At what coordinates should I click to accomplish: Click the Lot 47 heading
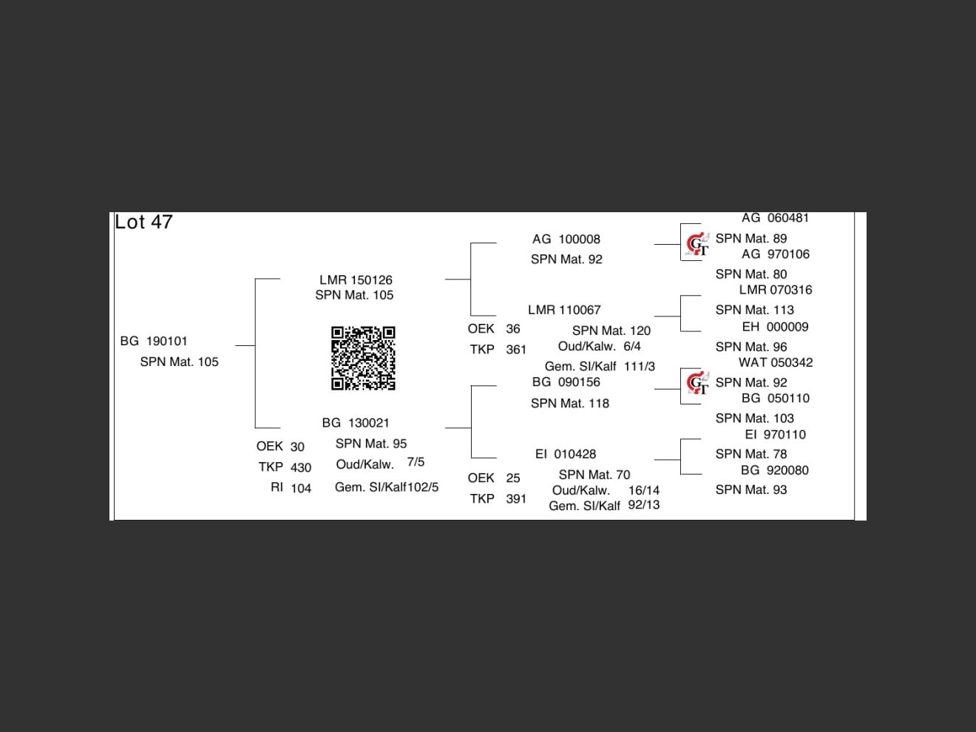[x=143, y=222]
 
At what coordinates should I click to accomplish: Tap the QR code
[x=363, y=358]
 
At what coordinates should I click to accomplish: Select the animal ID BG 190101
[x=154, y=341]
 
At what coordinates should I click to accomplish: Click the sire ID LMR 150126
[x=356, y=279]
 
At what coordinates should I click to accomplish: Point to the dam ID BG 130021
[x=356, y=423]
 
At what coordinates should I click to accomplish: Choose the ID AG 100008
[x=566, y=239]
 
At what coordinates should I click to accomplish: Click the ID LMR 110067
[x=564, y=310]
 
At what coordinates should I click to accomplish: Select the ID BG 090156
[x=566, y=382]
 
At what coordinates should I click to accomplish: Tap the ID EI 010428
[x=566, y=454]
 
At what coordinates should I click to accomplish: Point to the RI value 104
[x=301, y=488]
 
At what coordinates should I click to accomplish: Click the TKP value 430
[x=301, y=467]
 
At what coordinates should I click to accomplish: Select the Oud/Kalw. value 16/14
[x=644, y=490]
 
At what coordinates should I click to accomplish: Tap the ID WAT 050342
[x=776, y=362]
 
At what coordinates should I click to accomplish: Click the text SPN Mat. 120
[x=611, y=331]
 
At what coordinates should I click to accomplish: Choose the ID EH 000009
[x=775, y=327]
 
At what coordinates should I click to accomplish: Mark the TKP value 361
[x=516, y=350]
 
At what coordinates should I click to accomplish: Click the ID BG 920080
[x=775, y=470]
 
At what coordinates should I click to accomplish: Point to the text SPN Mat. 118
[x=570, y=404]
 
